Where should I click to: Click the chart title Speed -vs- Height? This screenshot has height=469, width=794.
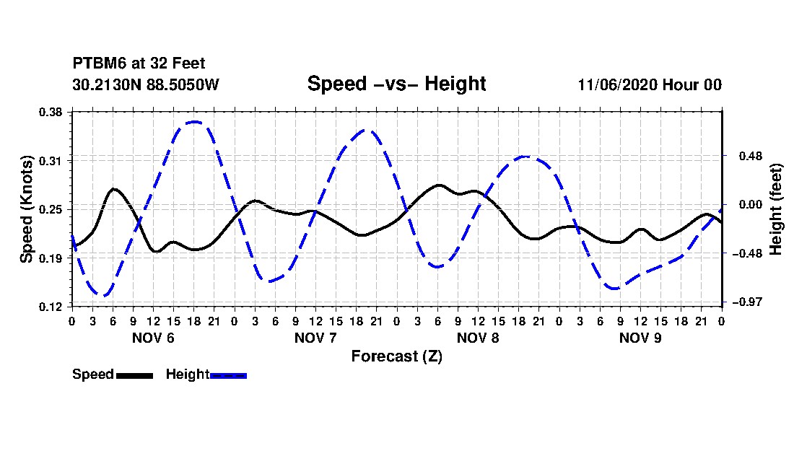click(396, 84)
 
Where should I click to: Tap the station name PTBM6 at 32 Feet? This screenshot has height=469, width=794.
click(139, 63)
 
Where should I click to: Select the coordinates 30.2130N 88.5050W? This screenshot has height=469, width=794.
click(146, 84)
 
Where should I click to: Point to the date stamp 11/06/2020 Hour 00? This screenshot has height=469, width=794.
click(650, 84)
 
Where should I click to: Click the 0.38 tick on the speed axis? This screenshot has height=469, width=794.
click(51, 113)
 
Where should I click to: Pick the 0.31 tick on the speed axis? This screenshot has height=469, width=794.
click(51, 161)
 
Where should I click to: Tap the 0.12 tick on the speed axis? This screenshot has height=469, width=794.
click(51, 307)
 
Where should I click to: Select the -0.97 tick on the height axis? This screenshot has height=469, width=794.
click(747, 302)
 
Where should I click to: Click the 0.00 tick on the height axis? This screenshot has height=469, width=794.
click(751, 204)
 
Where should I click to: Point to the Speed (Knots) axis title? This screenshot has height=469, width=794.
click(26, 209)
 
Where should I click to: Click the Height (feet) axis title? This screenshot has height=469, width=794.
click(776, 209)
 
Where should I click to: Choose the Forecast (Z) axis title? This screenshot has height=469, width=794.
click(396, 356)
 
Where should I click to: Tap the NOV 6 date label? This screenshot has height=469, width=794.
click(153, 338)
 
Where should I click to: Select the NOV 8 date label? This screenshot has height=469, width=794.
click(478, 338)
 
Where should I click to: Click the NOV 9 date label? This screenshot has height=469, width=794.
click(640, 338)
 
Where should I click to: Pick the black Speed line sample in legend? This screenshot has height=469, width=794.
click(134, 375)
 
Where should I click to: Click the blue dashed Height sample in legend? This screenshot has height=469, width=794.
click(228, 375)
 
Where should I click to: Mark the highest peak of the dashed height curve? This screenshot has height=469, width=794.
click(194, 122)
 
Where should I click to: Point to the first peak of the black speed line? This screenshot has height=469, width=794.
click(113, 189)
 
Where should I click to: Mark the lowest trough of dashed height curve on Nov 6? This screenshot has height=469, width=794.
click(104, 295)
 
